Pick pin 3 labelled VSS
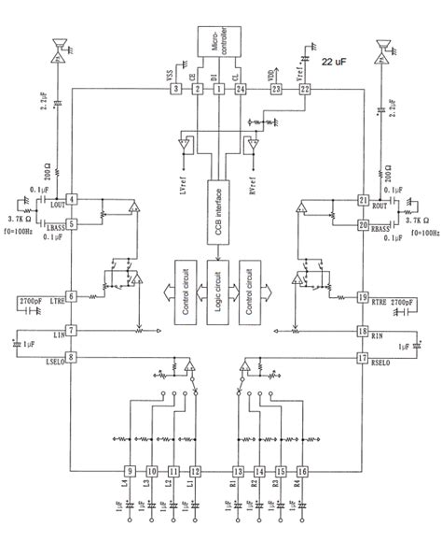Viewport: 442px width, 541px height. [x=173, y=90]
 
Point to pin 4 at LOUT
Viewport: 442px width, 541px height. [x=72, y=202]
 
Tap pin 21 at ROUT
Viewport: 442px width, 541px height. [x=364, y=202]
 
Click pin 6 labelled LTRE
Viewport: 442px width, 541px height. [x=72, y=296]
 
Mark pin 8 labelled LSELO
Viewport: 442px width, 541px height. [x=72, y=357]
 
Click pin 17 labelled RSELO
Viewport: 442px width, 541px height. [x=364, y=357]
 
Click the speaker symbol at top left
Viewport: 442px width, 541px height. [x=58, y=46]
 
